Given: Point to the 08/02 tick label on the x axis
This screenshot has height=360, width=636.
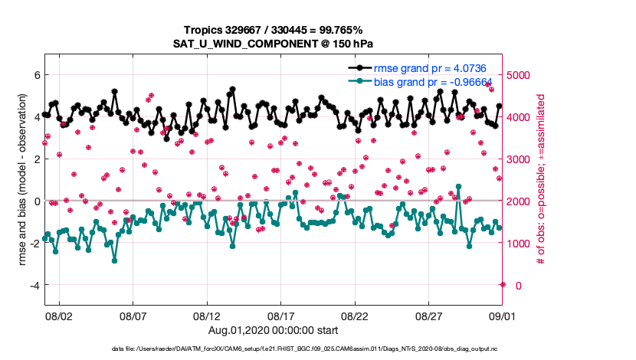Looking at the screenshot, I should pos(59,315).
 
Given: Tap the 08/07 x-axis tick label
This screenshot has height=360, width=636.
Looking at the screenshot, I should pos(133,315).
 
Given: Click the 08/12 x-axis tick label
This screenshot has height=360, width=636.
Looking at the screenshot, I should pos(207,315).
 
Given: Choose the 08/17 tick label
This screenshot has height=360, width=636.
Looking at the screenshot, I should pos(281,315).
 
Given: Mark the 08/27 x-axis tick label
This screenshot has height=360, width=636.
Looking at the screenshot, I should pos(429,315).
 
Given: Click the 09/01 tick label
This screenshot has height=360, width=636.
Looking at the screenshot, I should pos(502,315).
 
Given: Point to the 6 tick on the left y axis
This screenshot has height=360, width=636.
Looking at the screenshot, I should pos(35,75).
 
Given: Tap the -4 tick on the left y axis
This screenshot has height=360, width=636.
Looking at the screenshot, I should pos(33,285).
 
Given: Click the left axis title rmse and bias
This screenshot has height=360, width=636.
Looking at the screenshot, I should pos(22,180).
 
